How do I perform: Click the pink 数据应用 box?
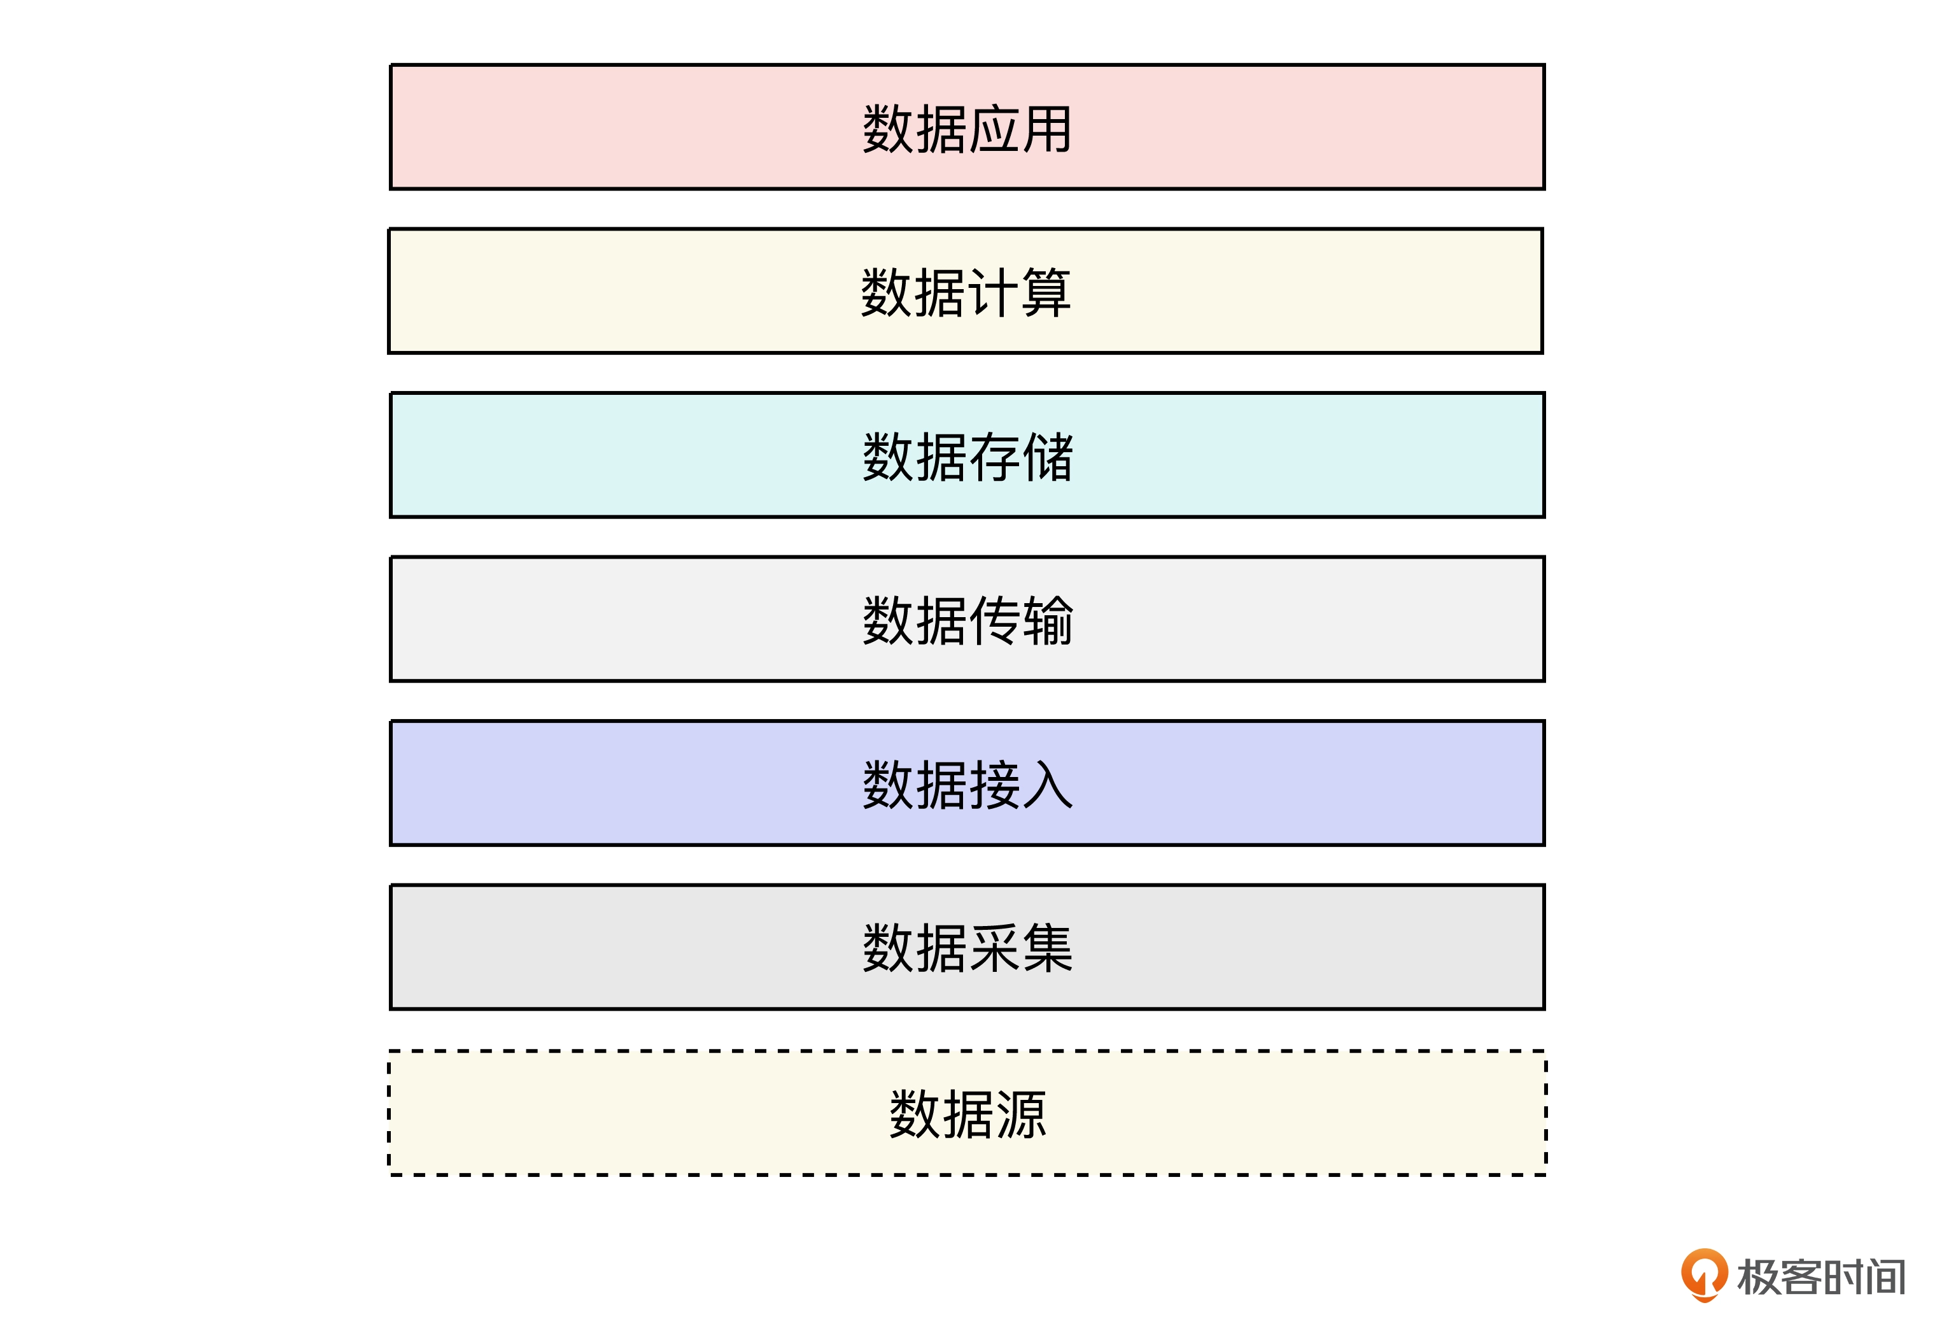[967, 127]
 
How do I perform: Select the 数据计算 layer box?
[966, 291]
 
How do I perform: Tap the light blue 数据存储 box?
[967, 455]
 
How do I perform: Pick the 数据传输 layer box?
[967, 619]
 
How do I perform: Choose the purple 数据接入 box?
[967, 783]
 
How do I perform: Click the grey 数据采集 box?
[967, 947]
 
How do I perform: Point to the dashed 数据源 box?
[967, 1113]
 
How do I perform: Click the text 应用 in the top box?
[1020, 129]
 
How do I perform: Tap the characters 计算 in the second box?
[1019, 293]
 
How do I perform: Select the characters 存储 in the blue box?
[1020, 457]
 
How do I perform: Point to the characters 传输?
[1020, 621]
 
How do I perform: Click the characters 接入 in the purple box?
[1020, 785]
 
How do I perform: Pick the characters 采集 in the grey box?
[1020, 949]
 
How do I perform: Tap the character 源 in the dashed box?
[1020, 1115]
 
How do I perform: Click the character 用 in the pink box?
[1046, 129]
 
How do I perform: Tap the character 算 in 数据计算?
[1046, 293]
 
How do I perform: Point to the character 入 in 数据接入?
[1048, 785]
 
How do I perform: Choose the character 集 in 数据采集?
[1048, 949]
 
